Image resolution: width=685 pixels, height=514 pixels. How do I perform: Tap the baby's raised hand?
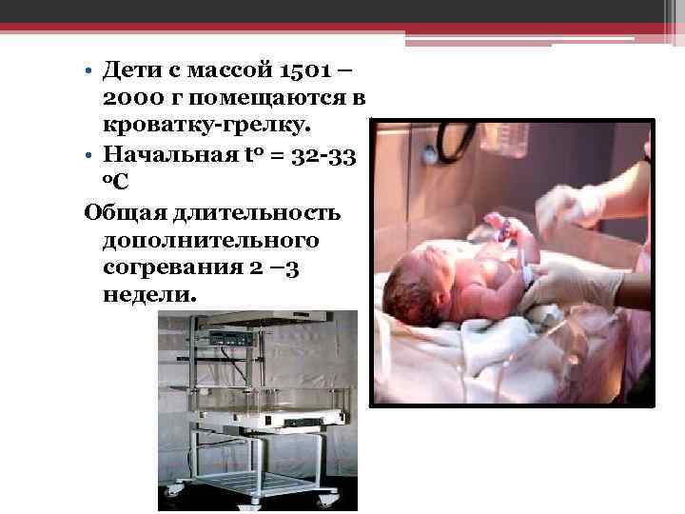point(497,225)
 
